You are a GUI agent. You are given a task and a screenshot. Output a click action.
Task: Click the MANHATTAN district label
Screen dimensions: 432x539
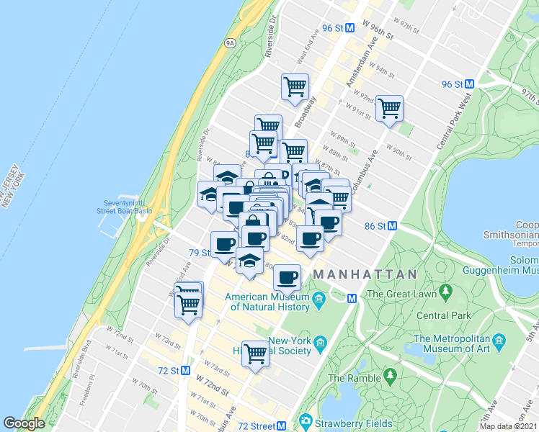(365, 275)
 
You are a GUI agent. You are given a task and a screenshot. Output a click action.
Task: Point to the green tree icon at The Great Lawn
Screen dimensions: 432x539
(446, 293)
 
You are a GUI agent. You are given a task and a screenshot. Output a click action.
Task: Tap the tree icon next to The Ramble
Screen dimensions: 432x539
(391, 375)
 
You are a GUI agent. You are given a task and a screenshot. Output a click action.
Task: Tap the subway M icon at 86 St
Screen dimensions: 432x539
(393, 225)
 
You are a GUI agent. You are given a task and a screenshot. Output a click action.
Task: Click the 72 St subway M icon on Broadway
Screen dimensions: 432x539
(185, 370)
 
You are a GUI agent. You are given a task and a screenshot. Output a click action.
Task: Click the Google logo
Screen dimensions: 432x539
(24, 423)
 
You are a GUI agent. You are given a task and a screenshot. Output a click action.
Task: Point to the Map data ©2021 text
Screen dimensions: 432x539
(508, 426)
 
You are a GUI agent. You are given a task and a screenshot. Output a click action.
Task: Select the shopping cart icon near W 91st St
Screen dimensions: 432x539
(389, 109)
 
